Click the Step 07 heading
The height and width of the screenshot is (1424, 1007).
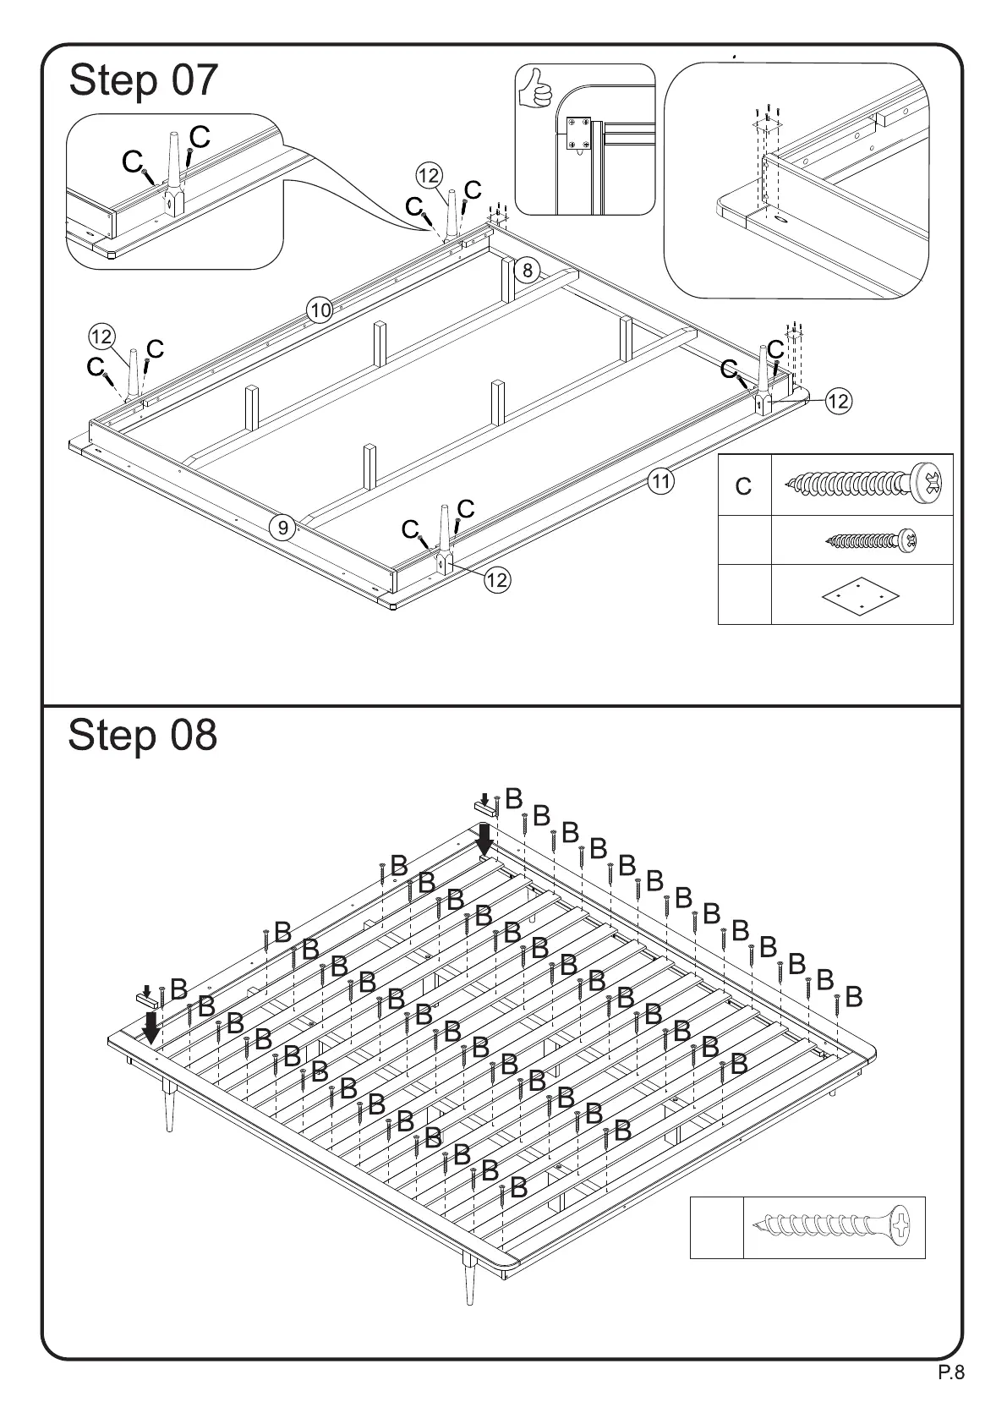[143, 81]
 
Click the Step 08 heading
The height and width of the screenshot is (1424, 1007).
[142, 735]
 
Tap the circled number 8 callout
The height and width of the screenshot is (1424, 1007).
[528, 271]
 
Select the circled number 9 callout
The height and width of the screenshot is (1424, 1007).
[283, 529]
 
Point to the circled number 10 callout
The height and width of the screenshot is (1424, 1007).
[320, 311]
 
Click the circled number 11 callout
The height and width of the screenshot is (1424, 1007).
[661, 482]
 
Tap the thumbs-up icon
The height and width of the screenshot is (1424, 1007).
[534, 88]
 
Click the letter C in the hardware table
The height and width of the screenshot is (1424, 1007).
[743, 487]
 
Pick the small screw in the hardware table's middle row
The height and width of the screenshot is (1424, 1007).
[871, 539]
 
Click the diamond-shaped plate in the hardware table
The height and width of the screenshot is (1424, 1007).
[859, 595]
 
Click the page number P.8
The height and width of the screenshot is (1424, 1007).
[951, 1396]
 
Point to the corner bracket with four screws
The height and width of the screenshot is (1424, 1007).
[577, 135]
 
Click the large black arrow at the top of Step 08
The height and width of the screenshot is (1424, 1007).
[484, 840]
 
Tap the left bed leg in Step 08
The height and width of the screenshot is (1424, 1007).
[170, 1104]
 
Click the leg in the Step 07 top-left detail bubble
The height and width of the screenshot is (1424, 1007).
[172, 173]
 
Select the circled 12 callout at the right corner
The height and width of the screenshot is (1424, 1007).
[837, 401]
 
